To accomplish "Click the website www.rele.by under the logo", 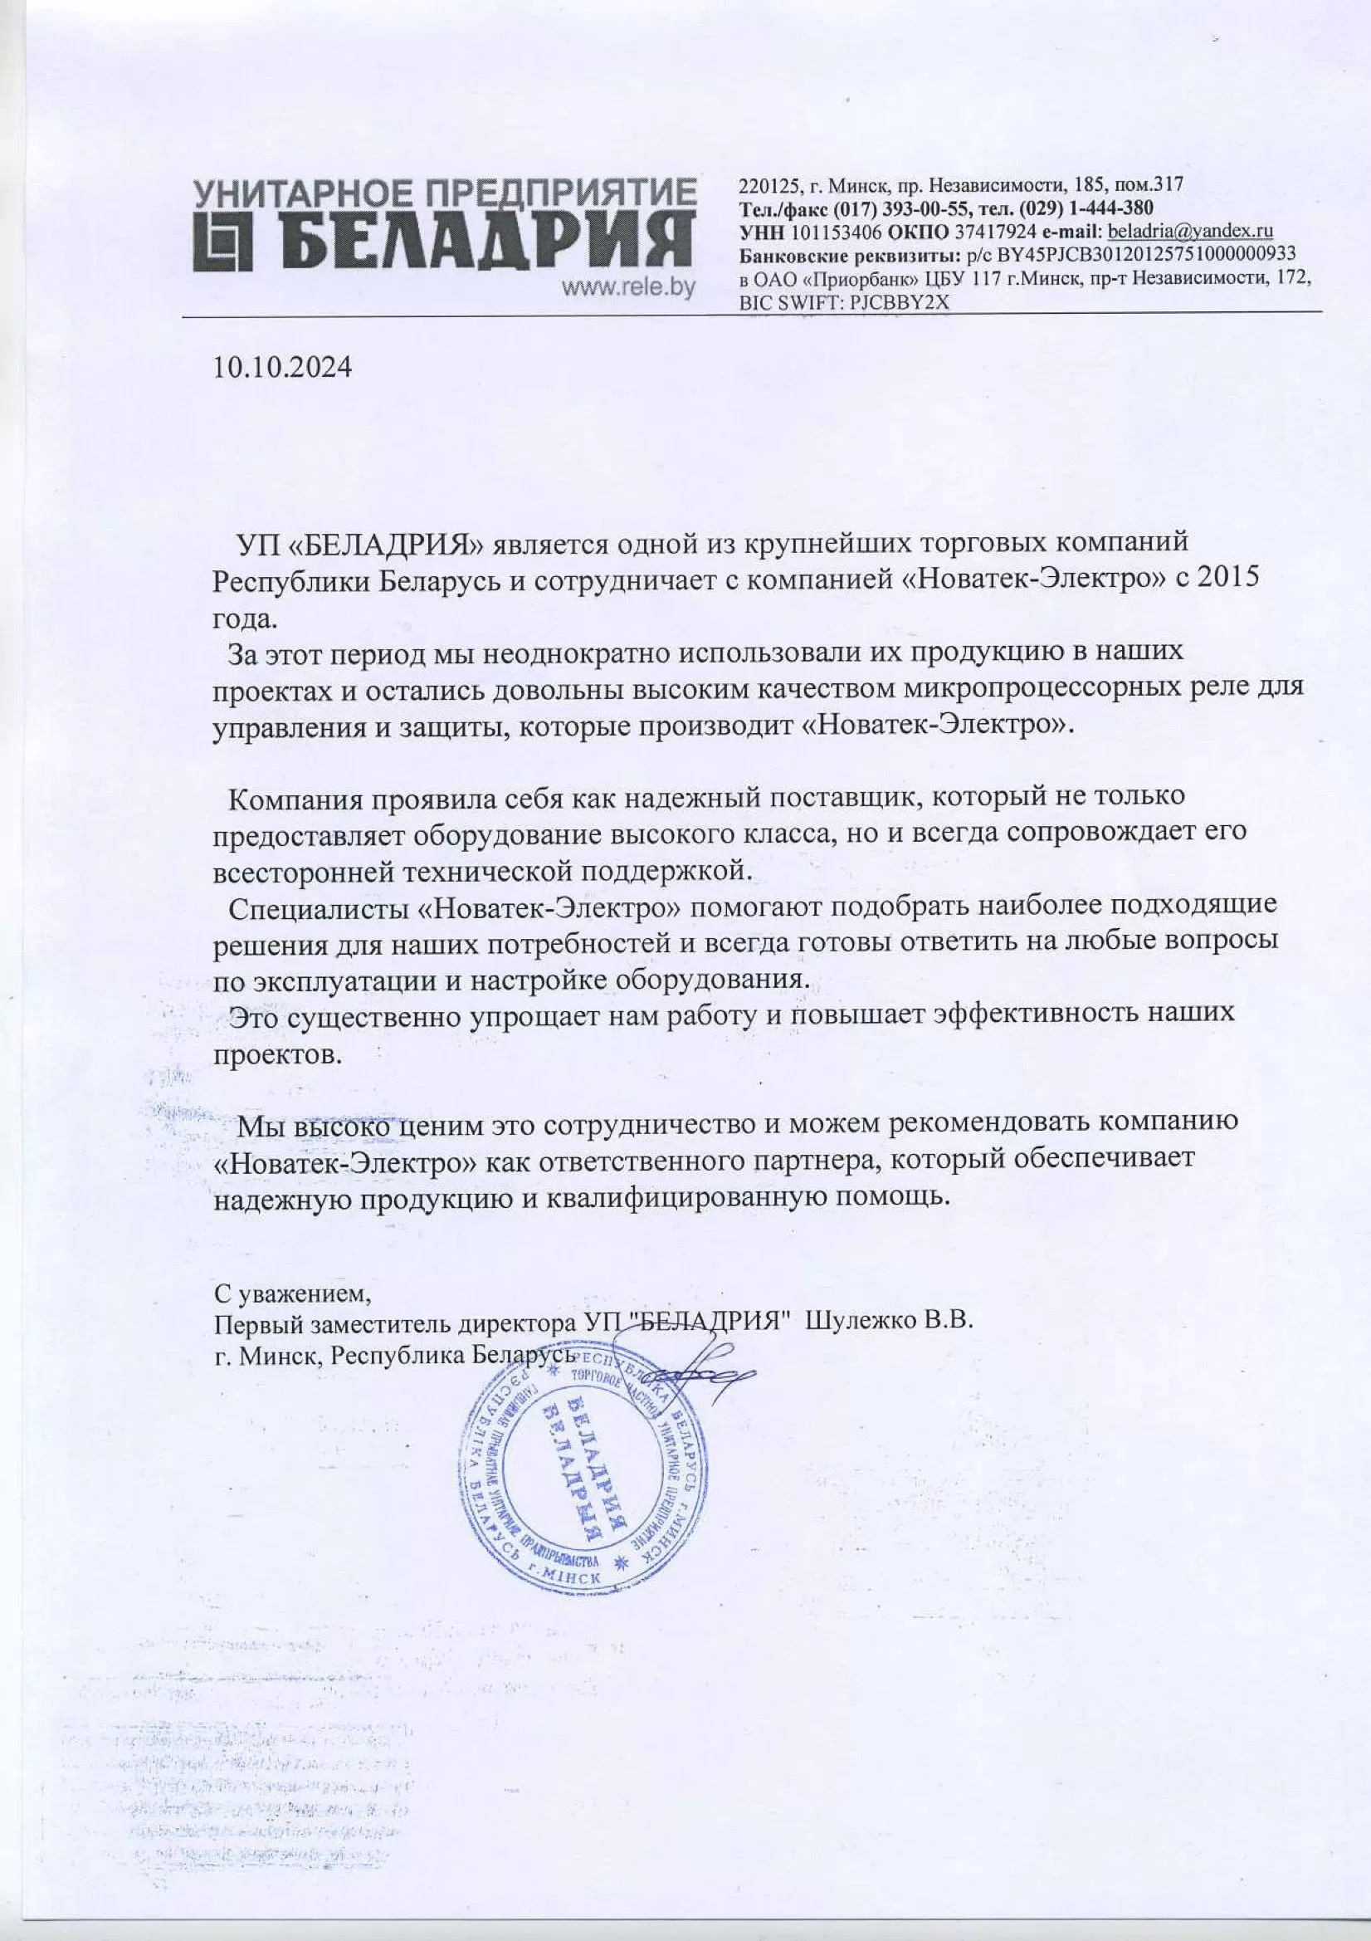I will pyautogui.click(x=629, y=287).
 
